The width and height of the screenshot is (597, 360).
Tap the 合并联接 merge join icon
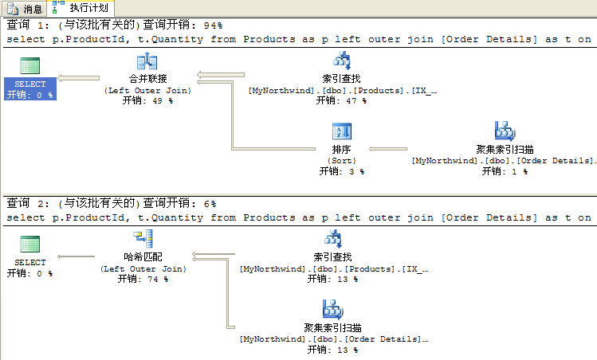point(147,62)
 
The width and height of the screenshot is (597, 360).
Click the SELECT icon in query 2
point(30,245)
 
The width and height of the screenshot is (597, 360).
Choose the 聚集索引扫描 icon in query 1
point(505,131)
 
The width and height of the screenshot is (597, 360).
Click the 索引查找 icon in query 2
point(332,238)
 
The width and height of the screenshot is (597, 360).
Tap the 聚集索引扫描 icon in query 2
point(332,309)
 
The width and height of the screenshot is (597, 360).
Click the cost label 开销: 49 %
point(147,101)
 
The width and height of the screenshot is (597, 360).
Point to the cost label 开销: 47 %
point(341,101)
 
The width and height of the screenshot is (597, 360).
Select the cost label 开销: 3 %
point(341,170)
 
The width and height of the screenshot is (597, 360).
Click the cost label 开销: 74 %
point(143,279)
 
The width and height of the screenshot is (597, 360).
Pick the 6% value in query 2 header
point(210,204)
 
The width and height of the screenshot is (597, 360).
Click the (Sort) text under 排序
point(341,160)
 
